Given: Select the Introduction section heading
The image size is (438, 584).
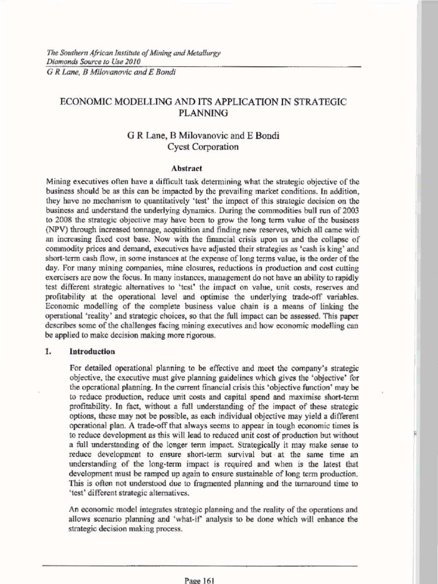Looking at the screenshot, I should tap(93, 352).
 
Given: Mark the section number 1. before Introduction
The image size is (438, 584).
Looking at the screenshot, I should tap(48, 352).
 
